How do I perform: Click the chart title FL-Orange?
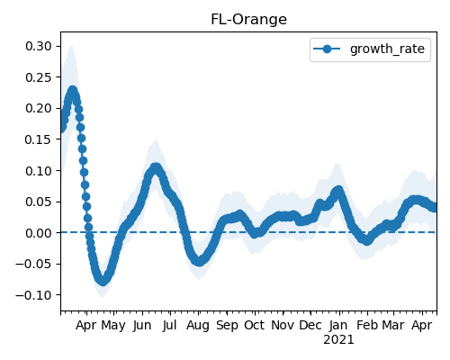248,20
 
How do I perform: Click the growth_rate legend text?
387,49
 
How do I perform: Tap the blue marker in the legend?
327,49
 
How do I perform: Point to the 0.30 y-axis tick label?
39,46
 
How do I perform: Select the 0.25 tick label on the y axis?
39,77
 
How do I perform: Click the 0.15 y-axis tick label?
39,139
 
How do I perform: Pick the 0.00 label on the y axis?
39,233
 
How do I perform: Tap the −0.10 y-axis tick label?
33,295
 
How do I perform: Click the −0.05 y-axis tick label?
33,264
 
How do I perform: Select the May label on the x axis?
113,325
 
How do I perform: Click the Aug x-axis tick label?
198,325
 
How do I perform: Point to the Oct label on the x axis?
255,325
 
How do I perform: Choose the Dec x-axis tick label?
310,325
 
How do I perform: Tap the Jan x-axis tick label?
338,325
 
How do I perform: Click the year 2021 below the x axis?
338,340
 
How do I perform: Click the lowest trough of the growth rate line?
103,281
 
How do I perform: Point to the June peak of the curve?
156,168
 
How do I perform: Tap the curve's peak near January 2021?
338,191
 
